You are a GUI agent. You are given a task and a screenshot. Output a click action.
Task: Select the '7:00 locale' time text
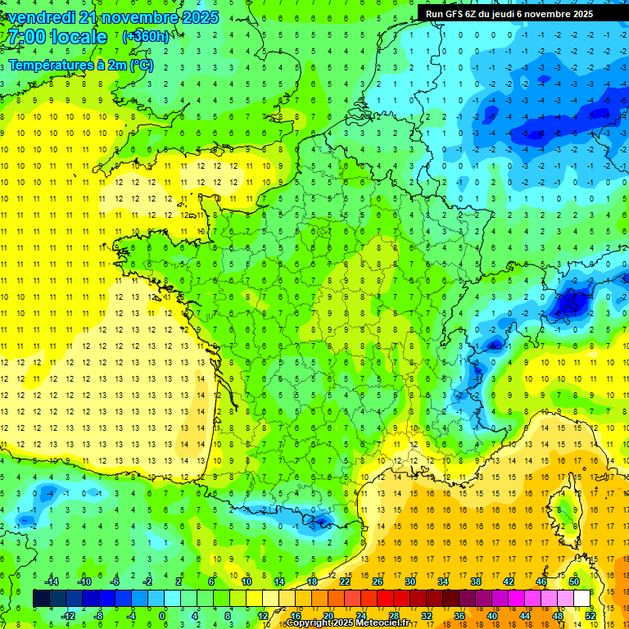[x=55, y=37]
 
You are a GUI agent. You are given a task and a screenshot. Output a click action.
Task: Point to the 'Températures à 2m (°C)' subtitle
[x=80, y=65]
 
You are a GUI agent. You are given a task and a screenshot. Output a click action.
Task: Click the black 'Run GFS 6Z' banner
[x=520, y=13]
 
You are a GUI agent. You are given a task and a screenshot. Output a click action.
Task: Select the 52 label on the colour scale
[x=591, y=615]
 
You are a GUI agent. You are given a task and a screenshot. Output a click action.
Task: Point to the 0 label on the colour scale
[x=162, y=615]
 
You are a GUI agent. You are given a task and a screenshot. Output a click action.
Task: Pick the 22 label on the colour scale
[x=345, y=581]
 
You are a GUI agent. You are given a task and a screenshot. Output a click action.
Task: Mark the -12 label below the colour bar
[x=69, y=615]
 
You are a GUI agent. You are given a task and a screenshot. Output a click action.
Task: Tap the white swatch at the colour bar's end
[x=582, y=598]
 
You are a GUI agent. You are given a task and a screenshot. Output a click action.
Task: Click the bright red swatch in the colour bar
[x=386, y=598]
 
